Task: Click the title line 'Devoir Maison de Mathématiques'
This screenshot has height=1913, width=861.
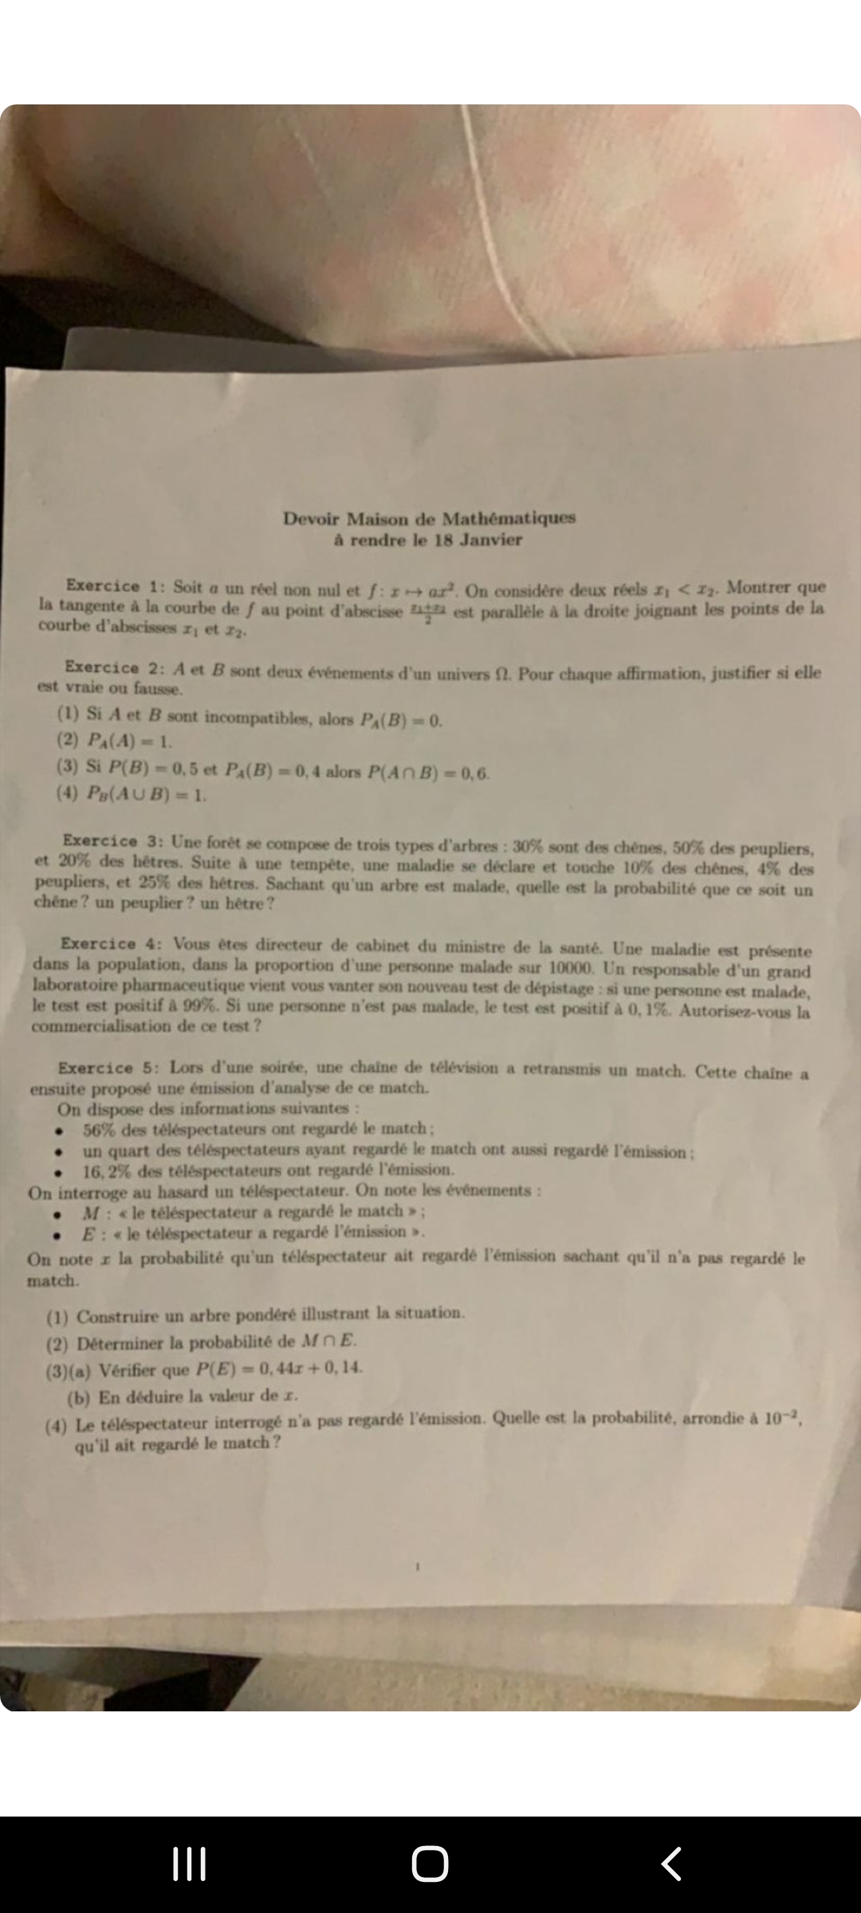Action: pos(429,518)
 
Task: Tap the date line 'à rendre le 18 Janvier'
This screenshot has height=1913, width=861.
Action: pos(428,540)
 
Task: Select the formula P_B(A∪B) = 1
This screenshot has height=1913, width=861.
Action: pos(146,794)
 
